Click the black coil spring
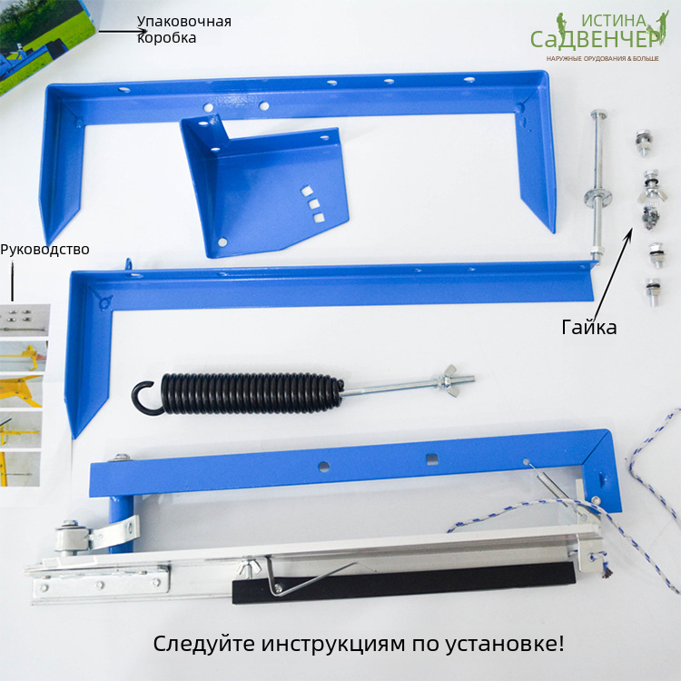coord(251,392)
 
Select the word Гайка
coord(589,327)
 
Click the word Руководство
coord(44,250)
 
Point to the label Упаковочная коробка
coord(184,29)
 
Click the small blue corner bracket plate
coord(265,187)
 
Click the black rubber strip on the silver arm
coord(404,583)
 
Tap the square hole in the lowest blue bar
coord(431,459)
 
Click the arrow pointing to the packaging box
coord(123,31)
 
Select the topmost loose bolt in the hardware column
coord(643,143)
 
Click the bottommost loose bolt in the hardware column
coord(652,291)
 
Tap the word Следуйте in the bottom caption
coord(203,644)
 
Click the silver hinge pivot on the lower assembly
coord(71,537)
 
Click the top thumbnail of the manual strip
coord(25,321)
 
